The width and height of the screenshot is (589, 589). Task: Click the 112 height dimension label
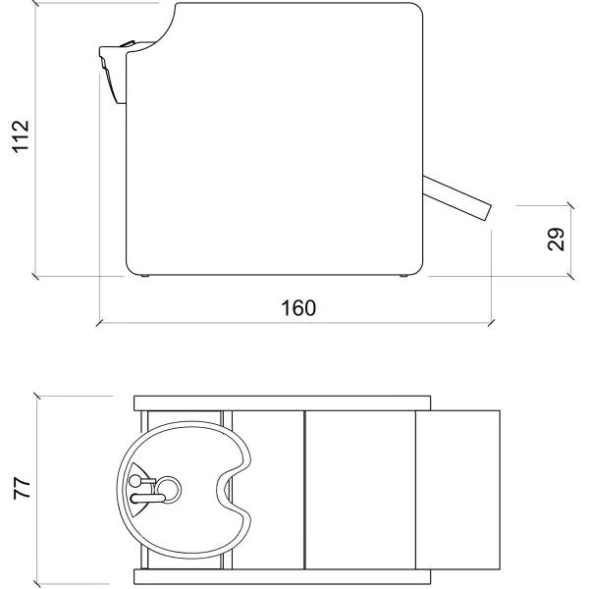pyautogui.click(x=21, y=136)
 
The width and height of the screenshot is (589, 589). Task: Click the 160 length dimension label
pyautogui.click(x=298, y=308)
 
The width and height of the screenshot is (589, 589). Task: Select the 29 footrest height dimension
pyautogui.click(x=556, y=240)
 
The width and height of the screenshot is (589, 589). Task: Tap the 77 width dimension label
pyautogui.click(x=23, y=488)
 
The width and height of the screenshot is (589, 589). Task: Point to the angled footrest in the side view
pyautogui.click(x=457, y=197)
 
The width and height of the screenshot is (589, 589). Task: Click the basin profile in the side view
pyautogui.click(x=113, y=72)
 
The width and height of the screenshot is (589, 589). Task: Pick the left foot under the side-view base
pyautogui.click(x=145, y=276)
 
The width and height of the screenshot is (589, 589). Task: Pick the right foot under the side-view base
pyautogui.click(x=403, y=276)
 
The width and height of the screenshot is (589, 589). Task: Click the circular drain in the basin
pyautogui.click(x=168, y=490)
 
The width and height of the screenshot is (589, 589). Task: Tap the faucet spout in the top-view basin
pyautogui.click(x=147, y=499)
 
